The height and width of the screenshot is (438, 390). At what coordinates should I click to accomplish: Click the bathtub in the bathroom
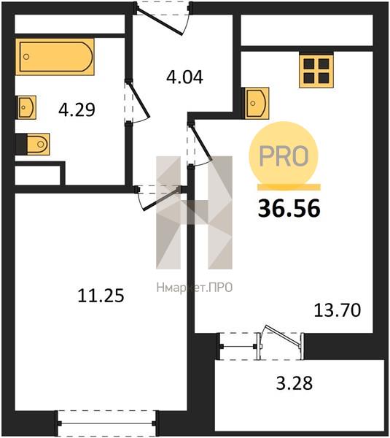pos(55,57)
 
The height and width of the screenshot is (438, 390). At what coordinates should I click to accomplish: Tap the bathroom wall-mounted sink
pos(27,107)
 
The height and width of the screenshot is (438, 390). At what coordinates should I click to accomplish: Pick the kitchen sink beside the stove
pos(257,103)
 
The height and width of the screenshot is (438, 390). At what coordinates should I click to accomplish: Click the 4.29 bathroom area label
pos(77,109)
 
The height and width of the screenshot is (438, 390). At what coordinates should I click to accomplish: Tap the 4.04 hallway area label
pos(184,77)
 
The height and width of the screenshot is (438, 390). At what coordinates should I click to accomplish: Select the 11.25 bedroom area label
pos(101,296)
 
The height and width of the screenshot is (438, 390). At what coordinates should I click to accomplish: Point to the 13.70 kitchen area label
pos(338,310)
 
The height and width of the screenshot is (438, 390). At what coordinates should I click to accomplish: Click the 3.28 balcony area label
pos(295,383)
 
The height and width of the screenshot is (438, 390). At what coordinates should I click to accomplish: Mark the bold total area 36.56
pos(289,208)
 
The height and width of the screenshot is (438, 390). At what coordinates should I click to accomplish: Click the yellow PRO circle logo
pos(284,155)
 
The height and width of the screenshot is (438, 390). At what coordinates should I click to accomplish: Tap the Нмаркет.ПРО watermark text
pos(195,288)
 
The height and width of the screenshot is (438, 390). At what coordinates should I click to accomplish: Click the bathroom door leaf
pos(139,99)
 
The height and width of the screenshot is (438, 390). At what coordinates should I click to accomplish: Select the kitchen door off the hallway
pos(201,142)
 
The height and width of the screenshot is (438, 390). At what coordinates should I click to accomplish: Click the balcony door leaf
pos(283,337)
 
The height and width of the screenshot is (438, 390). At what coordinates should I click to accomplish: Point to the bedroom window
pos(106,423)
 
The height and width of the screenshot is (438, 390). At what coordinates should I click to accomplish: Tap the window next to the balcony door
pos(238,346)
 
